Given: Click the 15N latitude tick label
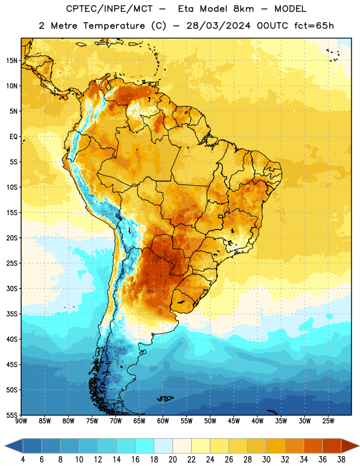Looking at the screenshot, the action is (12, 61).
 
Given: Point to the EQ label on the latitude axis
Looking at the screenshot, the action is (13, 137).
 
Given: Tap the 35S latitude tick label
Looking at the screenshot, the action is (12, 314).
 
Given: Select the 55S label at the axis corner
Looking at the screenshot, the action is (12, 415).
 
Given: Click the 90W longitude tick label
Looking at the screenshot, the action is (21, 421).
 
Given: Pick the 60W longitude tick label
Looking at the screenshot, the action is (163, 421).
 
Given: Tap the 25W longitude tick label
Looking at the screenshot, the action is (328, 421).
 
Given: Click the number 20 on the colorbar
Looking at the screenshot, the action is (172, 460).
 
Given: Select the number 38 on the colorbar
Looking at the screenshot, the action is (341, 460).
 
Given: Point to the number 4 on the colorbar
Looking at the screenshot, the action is (23, 460).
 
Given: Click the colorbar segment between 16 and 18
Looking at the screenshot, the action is (144, 446).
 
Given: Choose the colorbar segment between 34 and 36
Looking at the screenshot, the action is (313, 446).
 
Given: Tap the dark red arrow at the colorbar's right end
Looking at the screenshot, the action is (350, 446).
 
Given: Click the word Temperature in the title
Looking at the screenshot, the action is (114, 26).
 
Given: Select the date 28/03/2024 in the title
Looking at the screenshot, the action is (218, 26).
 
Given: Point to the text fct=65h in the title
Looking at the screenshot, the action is (314, 26).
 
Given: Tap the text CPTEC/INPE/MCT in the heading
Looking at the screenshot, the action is (109, 9).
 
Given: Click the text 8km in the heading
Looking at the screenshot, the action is (243, 9).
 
